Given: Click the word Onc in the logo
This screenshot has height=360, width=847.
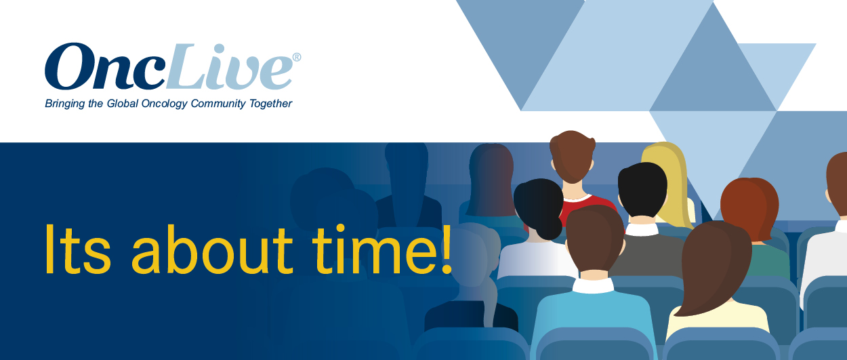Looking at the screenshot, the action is click(x=105, y=66).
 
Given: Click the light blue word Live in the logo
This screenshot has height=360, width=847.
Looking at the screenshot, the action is click(x=229, y=67).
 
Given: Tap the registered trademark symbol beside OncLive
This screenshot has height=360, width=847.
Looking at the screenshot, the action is click(x=297, y=57).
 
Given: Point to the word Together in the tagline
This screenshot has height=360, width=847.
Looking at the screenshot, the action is click(x=270, y=104).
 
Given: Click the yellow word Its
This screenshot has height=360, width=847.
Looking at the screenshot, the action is click(x=78, y=249).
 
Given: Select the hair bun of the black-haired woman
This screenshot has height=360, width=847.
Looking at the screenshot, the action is click(x=550, y=228).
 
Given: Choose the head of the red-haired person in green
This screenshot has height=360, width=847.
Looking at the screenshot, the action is click(x=749, y=209).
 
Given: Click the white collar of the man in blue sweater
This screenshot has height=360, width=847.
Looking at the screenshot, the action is click(x=592, y=286).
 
